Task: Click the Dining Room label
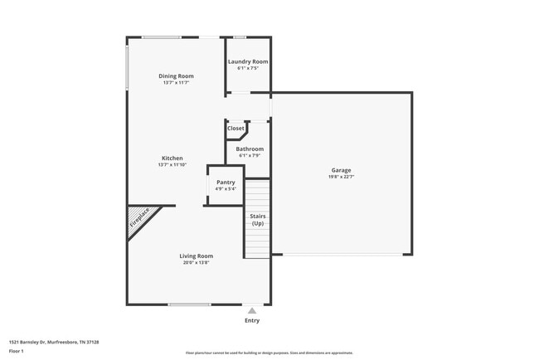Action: pyautogui.click(x=176, y=75)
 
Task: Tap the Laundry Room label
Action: pyautogui.click(x=248, y=62)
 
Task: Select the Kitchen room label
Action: pyautogui.click(x=172, y=158)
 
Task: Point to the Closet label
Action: pyautogui.click(x=236, y=128)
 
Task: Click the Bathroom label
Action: pyautogui.click(x=250, y=148)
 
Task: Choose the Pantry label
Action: pyautogui.click(x=226, y=182)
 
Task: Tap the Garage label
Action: pyautogui.click(x=341, y=169)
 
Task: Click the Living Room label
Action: pyautogui.click(x=197, y=255)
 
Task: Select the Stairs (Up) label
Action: pyautogui.click(x=258, y=219)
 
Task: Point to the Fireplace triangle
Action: pyautogui.click(x=138, y=221)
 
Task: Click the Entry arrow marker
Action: pyautogui.click(x=251, y=310)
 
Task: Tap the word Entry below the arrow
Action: pyautogui.click(x=251, y=320)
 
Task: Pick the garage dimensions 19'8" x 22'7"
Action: pyautogui.click(x=341, y=176)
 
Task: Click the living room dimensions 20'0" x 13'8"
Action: pyautogui.click(x=197, y=262)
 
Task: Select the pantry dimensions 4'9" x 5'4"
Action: pyautogui.click(x=226, y=189)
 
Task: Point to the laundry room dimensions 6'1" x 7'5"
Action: pyautogui.click(x=248, y=69)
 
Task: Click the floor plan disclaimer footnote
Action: pyautogui.click(x=269, y=353)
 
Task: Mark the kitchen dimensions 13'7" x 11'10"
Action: pyautogui.click(x=172, y=165)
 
